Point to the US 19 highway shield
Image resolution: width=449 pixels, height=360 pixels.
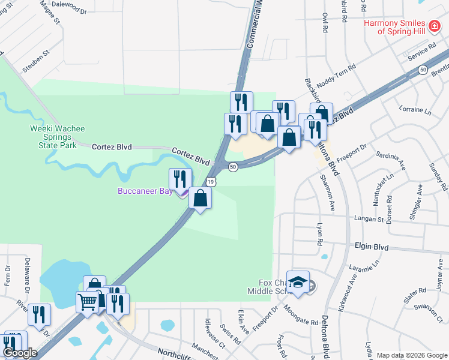[211, 181]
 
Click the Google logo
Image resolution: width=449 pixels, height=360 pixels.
[20, 353]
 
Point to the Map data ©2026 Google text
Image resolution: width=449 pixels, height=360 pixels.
[411, 355]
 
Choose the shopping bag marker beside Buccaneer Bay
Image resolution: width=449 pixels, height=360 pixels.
[200, 197]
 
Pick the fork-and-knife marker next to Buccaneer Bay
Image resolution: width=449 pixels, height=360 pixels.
[180, 179]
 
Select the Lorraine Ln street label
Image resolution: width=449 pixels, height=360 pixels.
[415, 111]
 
